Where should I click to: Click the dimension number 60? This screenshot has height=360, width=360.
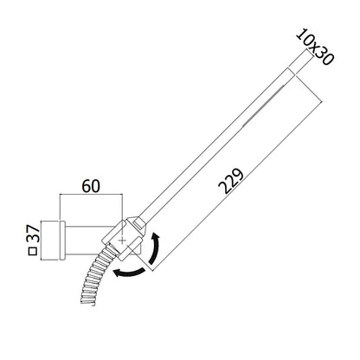tap(91, 186)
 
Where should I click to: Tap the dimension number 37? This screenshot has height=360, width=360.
tap(33, 234)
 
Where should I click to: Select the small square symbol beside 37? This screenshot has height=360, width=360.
tap(33, 251)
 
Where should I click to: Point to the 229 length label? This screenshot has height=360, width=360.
tap(231, 181)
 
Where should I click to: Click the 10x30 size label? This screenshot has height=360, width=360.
tap(315, 47)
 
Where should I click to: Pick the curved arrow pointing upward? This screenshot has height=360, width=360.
tap(156, 247)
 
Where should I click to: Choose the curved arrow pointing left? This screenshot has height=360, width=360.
tap(129, 272)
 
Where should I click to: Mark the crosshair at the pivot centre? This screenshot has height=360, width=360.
tap(122, 241)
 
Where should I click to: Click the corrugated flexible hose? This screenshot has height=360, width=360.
tap(94, 275)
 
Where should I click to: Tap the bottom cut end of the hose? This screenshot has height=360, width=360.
tap(88, 303)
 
